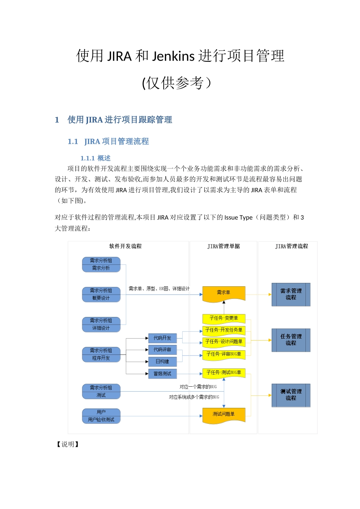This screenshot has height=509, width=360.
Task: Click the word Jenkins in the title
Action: pos(173,56)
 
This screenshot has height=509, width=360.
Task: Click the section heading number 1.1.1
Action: pos(87,158)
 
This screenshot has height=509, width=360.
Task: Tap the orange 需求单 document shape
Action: pos(224,294)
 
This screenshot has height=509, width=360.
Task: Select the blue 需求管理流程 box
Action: pos(291,294)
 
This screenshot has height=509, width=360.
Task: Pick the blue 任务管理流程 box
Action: pos(291,340)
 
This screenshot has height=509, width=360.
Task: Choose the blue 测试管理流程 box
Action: pos(291,395)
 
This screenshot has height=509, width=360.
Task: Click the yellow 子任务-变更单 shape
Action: pos(224,319)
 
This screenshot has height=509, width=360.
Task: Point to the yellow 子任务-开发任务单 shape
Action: pos(224,330)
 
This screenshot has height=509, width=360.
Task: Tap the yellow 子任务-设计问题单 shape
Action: pos(224,342)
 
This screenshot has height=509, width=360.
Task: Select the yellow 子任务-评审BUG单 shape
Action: pos(224,354)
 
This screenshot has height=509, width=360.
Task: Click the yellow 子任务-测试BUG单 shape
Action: pos(224,373)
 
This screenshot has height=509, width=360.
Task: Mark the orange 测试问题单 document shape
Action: pos(224,415)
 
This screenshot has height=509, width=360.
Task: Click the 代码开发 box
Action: pos(162,338)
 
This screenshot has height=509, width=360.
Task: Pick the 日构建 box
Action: pos(162,362)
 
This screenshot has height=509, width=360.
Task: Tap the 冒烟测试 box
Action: pos(162,374)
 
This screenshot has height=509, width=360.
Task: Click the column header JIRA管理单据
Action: pos(224,247)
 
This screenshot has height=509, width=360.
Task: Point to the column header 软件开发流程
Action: pos(125,247)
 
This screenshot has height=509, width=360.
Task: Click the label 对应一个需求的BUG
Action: pos(198,387)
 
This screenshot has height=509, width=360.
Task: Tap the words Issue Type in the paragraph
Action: pos(238,217)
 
